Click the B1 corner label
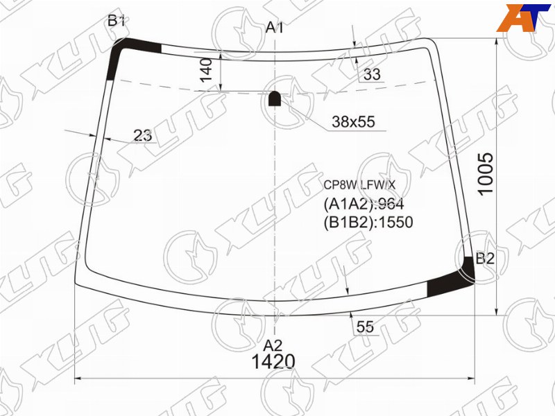(x=116, y=21)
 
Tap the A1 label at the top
(x=274, y=28)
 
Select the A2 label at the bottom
(x=273, y=345)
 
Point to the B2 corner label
(x=484, y=259)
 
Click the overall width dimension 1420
(x=273, y=361)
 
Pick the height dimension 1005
(x=485, y=173)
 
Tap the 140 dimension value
(x=206, y=70)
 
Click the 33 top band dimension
(x=372, y=74)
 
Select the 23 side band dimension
(x=143, y=135)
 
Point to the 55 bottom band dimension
(x=365, y=327)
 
